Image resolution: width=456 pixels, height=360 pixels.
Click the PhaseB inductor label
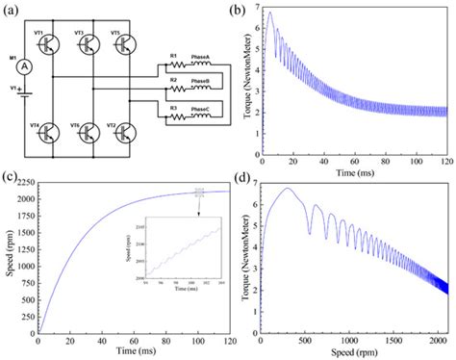pos(199,82)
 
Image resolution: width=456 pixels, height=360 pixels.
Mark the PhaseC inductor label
pos(199,109)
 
